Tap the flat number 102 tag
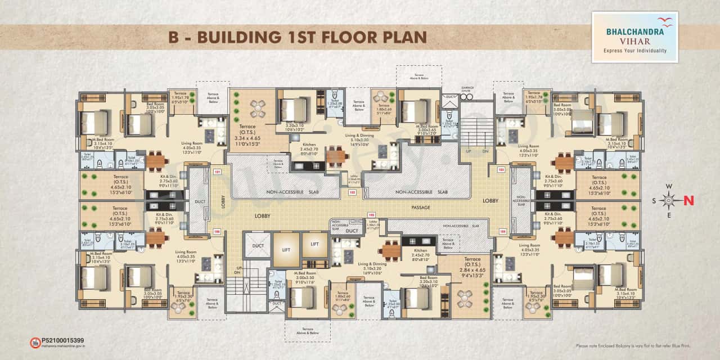click(352, 192)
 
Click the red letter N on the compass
click(688, 200)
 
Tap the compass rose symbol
click(668, 200)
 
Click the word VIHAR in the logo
click(634, 41)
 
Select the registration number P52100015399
click(63, 340)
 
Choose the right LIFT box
click(314, 244)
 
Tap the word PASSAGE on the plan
click(420, 208)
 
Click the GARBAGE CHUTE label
click(468, 88)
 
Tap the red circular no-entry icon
click(34, 342)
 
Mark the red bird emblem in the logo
click(667, 22)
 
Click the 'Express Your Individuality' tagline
click(634, 51)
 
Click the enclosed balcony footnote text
click(632, 345)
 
